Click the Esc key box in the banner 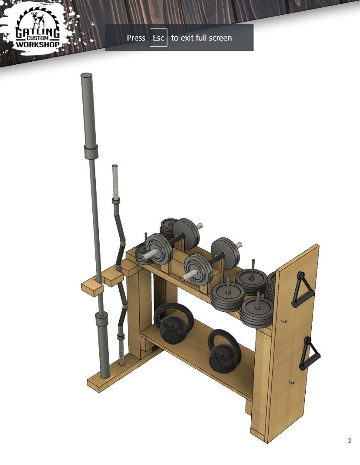(x=158, y=38)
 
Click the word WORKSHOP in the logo (x=38, y=44)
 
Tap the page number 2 (x=349, y=440)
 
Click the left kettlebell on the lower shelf (x=174, y=324)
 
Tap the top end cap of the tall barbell (x=86, y=76)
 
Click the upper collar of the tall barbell (x=91, y=152)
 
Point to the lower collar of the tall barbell (x=101, y=322)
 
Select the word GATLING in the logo (x=37, y=33)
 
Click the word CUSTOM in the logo (x=38, y=38)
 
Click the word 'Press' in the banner (x=136, y=38)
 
